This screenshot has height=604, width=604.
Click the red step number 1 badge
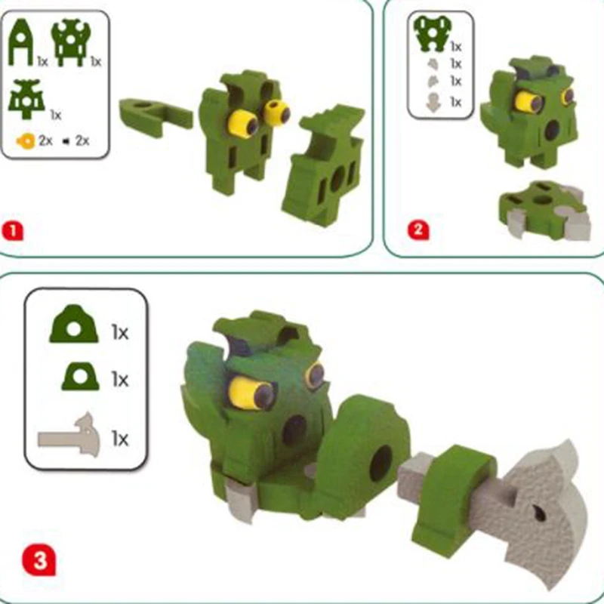(12, 232)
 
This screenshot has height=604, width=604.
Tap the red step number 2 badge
(418, 230)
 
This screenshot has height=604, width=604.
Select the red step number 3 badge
(39, 559)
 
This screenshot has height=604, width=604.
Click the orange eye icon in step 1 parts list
(26, 141)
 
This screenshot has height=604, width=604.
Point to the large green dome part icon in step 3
(74, 324)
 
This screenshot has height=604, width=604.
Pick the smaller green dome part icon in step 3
(81, 376)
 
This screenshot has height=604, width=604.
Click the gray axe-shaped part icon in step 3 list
(69, 436)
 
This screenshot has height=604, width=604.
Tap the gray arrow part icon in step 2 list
(433, 103)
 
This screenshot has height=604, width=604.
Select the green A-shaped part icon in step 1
(20, 42)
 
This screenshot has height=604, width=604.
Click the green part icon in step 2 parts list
(432, 33)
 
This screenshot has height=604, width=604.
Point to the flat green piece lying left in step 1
(156, 112)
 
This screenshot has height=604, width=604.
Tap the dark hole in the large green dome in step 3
(381, 464)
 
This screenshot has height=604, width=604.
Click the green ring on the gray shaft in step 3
(454, 501)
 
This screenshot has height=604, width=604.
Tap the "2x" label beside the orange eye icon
(45, 141)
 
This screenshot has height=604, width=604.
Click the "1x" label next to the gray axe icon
(120, 439)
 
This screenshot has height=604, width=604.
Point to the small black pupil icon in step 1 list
(66, 142)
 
